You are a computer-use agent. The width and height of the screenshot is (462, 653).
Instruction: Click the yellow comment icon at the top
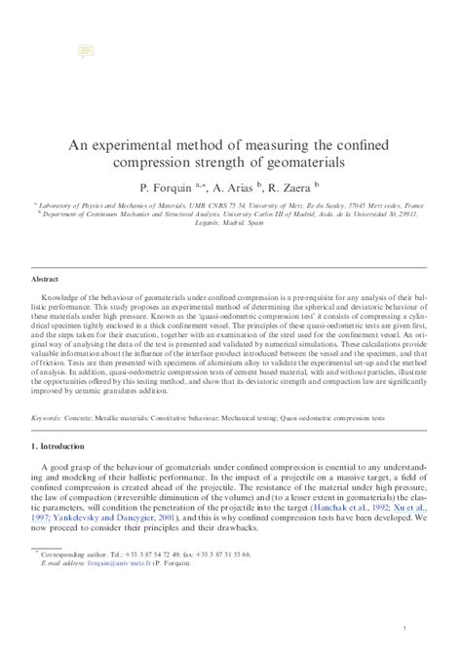click(x=86, y=50)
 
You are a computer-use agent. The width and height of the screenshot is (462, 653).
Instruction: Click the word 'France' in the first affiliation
click(x=413, y=207)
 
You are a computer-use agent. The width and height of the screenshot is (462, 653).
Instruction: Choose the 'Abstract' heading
click(x=47, y=279)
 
